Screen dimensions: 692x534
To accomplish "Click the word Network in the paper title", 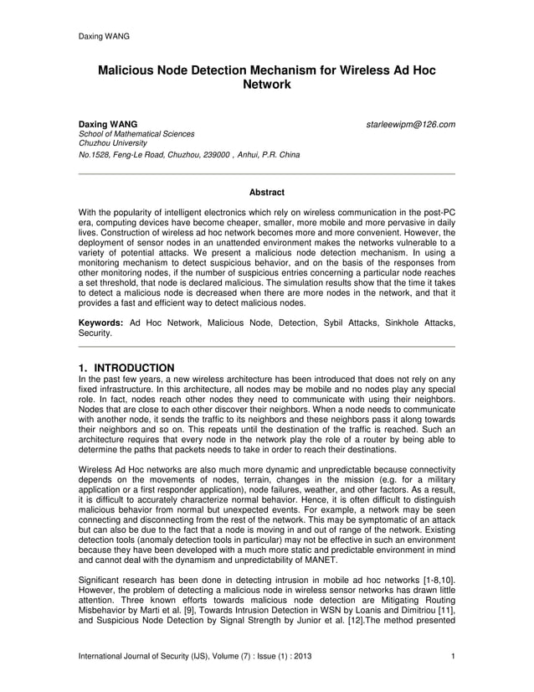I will (x=266, y=85).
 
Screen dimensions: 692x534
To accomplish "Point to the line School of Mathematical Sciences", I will (x=136, y=134).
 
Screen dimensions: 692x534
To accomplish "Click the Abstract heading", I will (x=266, y=193).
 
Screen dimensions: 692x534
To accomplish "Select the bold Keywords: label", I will (x=101, y=323).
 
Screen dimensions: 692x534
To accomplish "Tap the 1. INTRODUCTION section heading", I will (x=126, y=368).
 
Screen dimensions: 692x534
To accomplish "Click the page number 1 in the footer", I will (x=452, y=655).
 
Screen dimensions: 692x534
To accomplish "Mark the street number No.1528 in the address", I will (x=95, y=155).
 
